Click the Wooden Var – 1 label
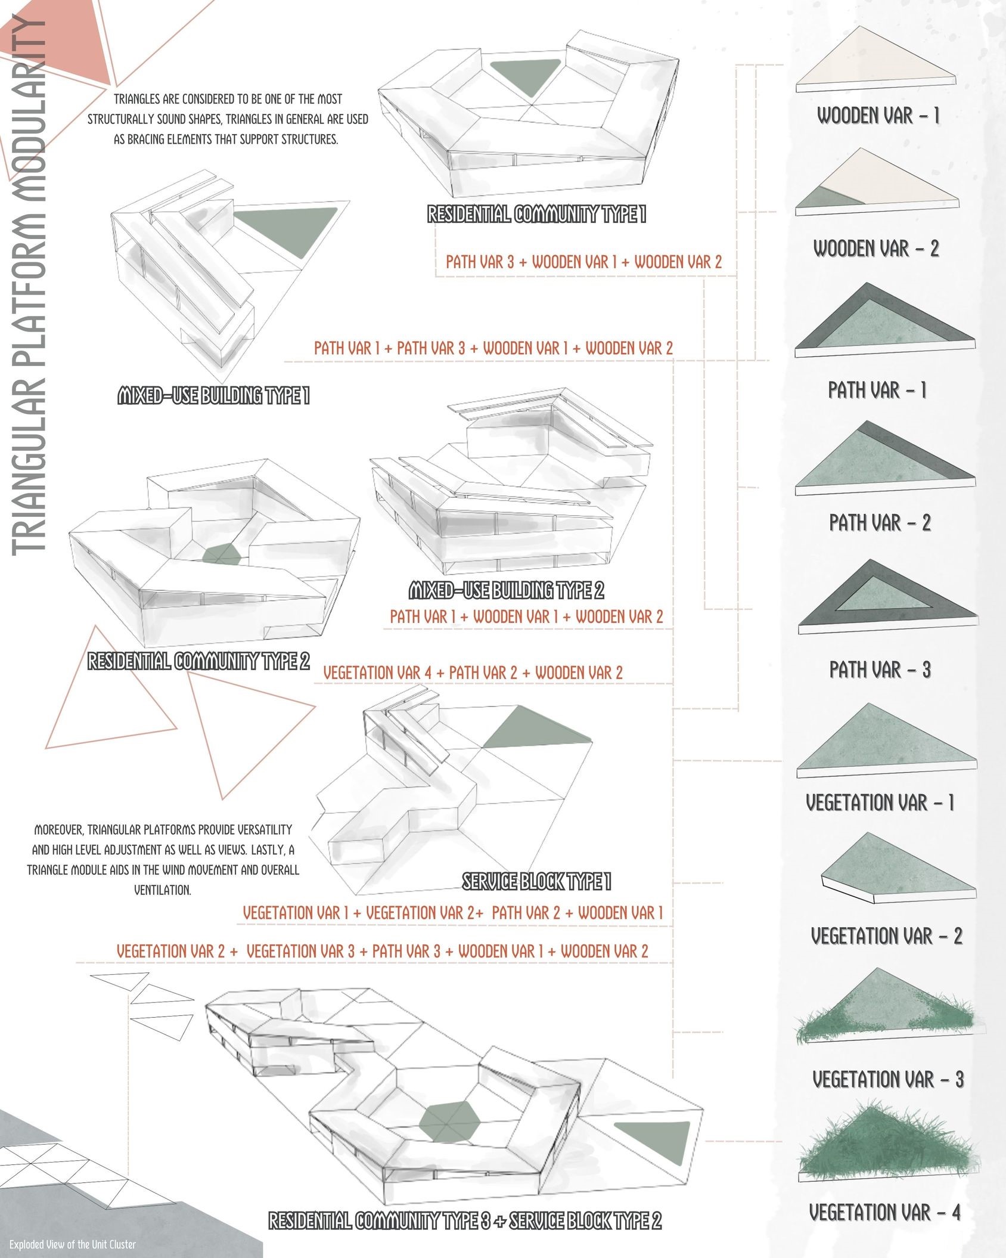coord(878,116)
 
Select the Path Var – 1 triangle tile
coord(884,322)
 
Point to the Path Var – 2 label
coord(880,523)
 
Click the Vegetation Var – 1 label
coord(880,802)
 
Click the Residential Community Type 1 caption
coord(536,215)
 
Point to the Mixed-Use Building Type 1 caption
coord(213,396)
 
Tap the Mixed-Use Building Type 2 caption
coord(506,591)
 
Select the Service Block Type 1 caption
coord(536,882)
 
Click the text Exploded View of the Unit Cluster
coord(72,1244)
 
